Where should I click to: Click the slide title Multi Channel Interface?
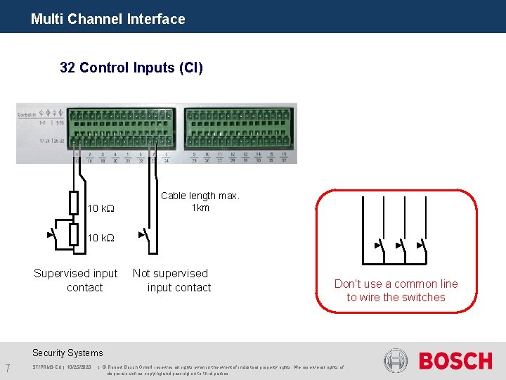[108, 19]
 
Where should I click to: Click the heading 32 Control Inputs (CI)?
[131, 68]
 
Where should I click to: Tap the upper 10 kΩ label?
[100, 209]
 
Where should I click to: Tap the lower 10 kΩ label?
[100, 239]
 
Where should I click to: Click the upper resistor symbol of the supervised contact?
[73, 203]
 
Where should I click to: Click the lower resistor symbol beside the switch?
[73, 234]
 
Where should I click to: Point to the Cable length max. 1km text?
[200, 201]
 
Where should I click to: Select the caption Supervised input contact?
[76, 280]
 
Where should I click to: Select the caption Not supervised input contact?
[172, 280]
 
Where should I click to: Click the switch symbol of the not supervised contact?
[143, 234]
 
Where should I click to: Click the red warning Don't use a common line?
[396, 290]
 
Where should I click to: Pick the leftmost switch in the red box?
[379, 246]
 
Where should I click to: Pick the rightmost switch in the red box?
[422, 246]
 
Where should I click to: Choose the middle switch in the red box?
[401, 246]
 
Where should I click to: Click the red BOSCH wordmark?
[455, 362]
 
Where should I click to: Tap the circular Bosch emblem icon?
[396, 362]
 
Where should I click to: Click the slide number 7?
[7, 367]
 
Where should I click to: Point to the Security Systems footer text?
[67, 353]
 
